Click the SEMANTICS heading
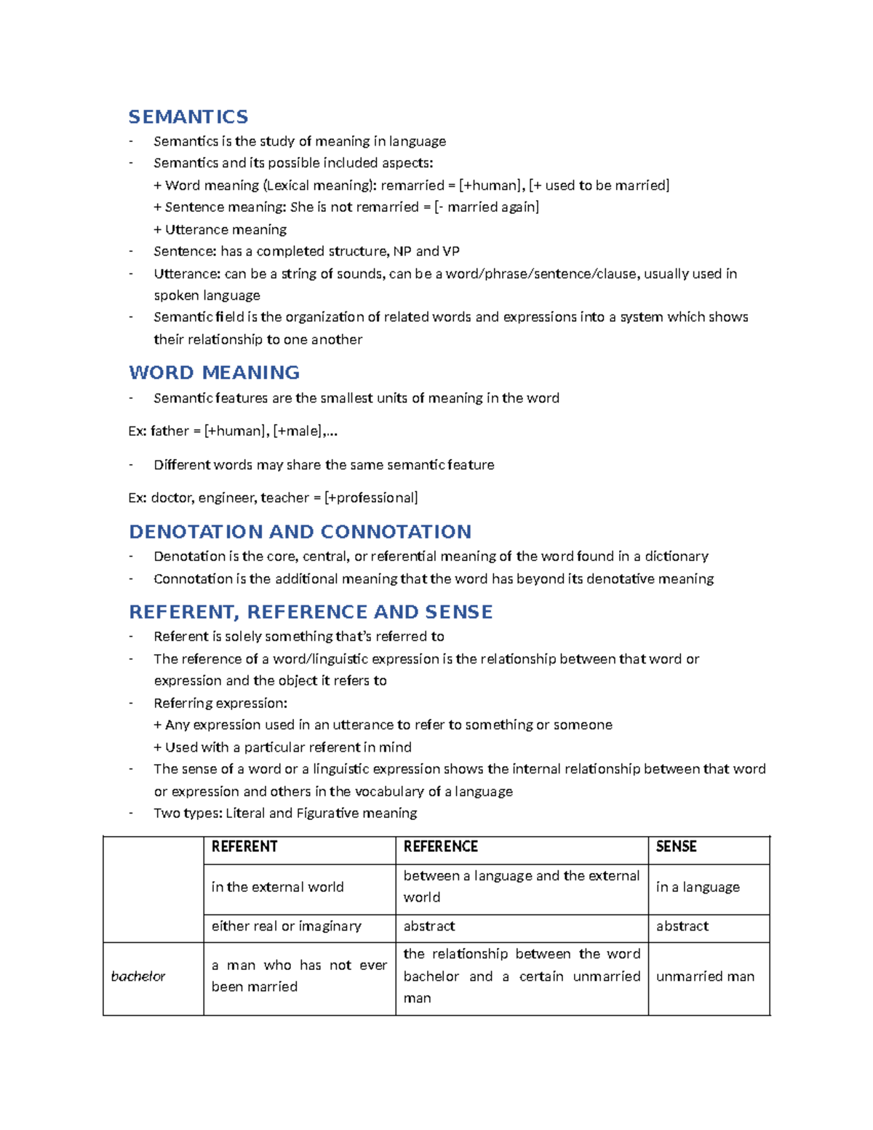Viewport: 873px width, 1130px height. click(x=188, y=116)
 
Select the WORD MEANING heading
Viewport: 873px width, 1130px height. click(x=214, y=373)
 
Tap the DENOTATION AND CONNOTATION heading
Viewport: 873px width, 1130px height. click(x=300, y=532)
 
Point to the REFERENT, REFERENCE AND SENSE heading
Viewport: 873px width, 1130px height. click(x=311, y=612)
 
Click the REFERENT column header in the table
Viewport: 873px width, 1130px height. click(x=244, y=847)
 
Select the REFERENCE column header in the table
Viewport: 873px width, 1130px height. click(x=441, y=847)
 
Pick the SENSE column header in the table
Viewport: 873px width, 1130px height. click(x=677, y=847)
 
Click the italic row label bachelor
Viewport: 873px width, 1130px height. click(x=138, y=976)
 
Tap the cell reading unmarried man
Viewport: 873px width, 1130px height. click(x=705, y=976)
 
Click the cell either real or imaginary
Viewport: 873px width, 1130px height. click(x=287, y=926)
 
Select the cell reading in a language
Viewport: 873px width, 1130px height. click(x=698, y=887)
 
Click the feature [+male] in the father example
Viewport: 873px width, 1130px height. click(x=298, y=431)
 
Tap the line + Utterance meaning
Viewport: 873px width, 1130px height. click(x=220, y=230)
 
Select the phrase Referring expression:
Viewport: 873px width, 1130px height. click(x=220, y=704)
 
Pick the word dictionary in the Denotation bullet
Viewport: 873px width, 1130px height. click(x=677, y=557)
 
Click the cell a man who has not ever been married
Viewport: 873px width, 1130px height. click(x=299, y=976)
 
